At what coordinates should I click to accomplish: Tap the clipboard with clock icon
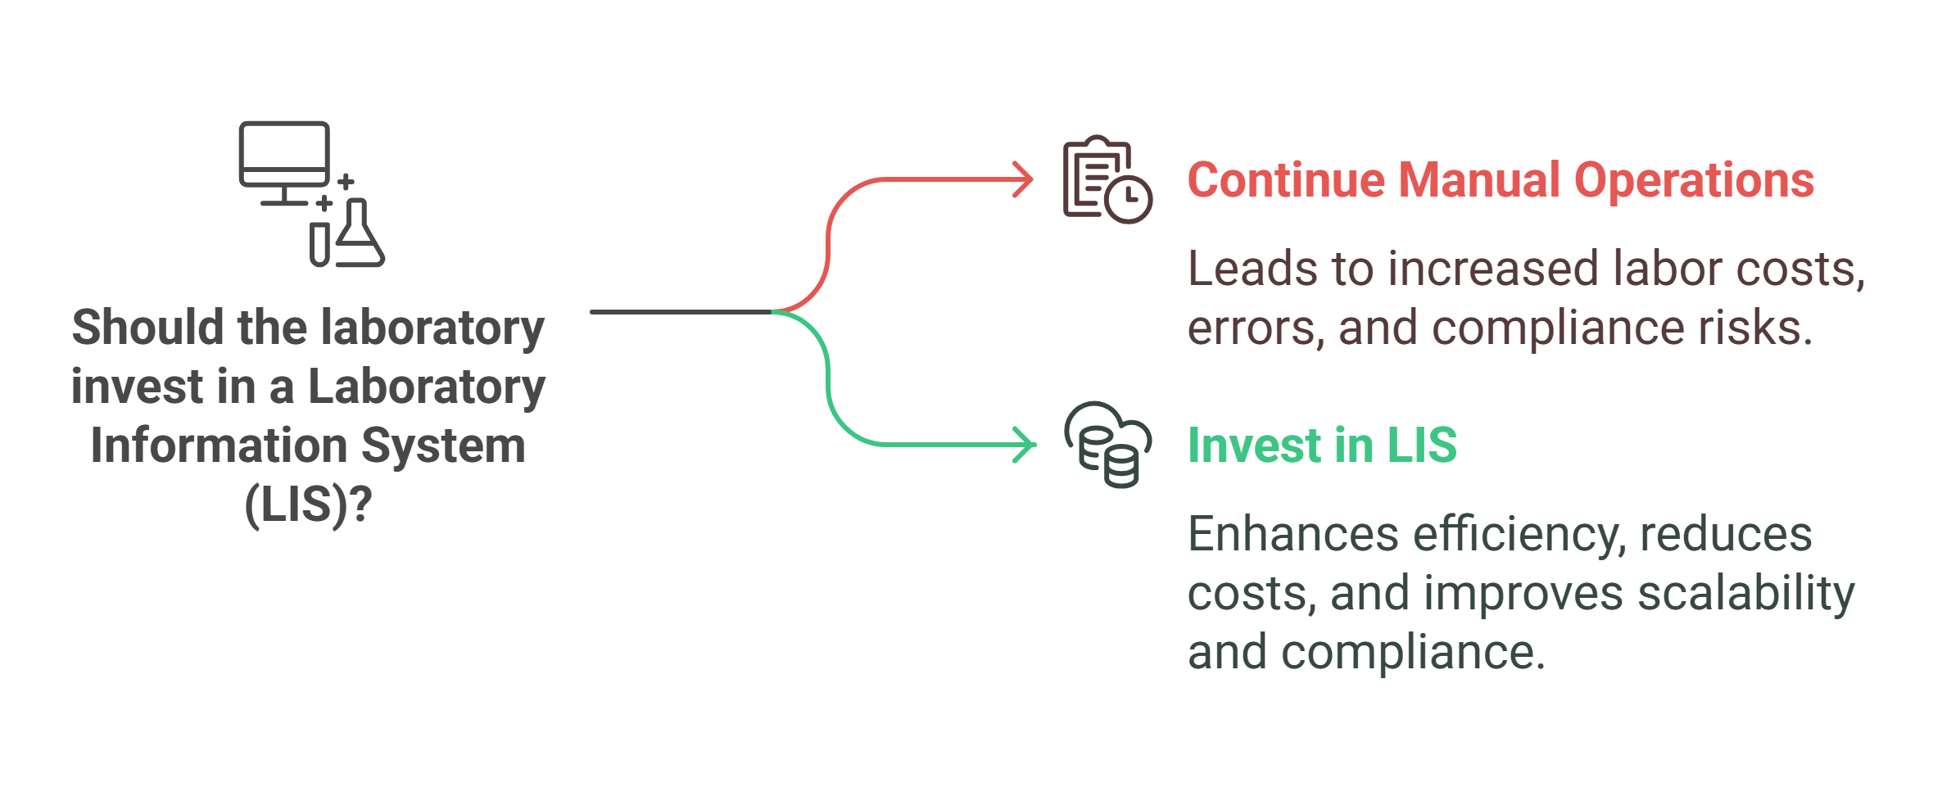point(1107,180)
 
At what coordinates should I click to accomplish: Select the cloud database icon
point(1107,445)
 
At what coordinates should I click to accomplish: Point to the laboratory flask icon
point(358,235)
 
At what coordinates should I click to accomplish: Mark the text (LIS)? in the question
point(308,505)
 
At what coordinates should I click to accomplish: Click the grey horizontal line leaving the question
point(680,312)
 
